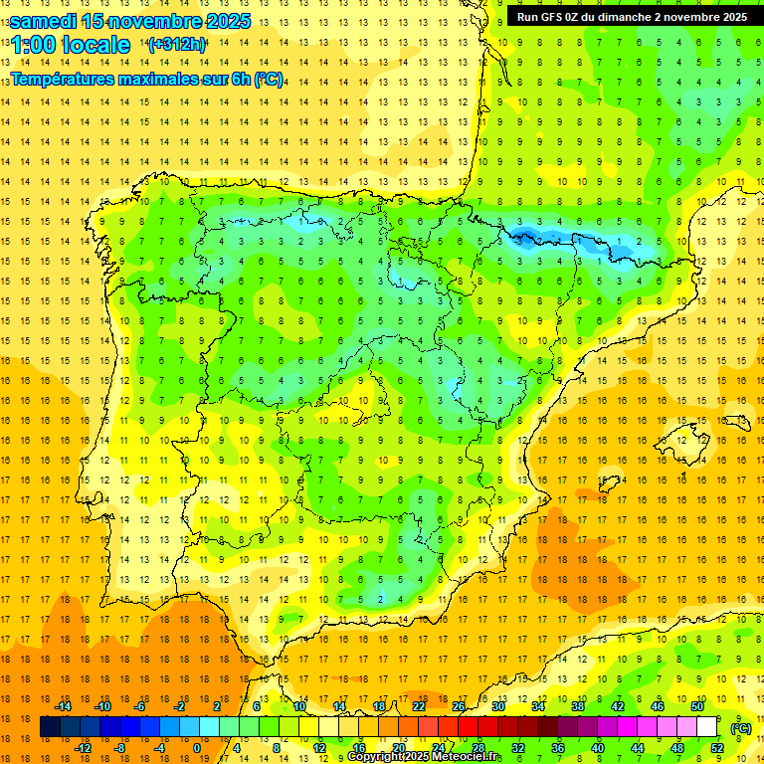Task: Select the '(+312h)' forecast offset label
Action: [176, 44]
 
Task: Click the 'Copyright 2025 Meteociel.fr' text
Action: [426, 757]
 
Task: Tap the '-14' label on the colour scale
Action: [63, 706]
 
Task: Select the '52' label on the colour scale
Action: [717, 748]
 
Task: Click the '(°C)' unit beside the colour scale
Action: [741, 728]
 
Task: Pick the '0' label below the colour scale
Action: [196, 748]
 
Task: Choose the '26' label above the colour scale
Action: [459, 706]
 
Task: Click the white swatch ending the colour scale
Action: [707, 727]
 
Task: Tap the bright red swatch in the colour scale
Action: [469, 727]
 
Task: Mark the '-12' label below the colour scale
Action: [83, 748]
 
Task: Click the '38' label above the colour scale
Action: [578, 706]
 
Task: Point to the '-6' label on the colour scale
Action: [140, 706]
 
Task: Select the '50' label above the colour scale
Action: [697, 706]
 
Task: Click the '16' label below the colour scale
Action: [359, 748]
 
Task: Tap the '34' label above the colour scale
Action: [538, 706]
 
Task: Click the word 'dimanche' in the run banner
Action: [639, 17]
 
